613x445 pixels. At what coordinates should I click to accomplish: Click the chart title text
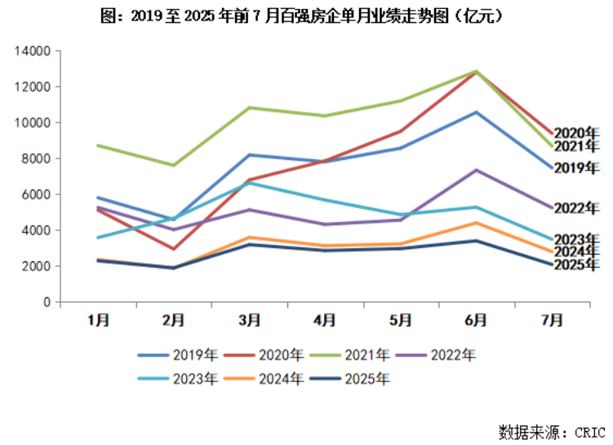pyautogui.click(x=305, y=16)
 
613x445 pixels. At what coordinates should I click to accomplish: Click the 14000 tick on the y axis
pyautogui.click(x=33, y=51)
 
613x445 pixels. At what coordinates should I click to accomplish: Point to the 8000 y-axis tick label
pyautogui.click(x=37, y=158)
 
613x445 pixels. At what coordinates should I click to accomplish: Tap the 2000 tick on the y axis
pyautogui.click(x=37, y=266)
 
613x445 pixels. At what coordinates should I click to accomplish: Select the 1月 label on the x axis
pyautogui.click(x=99, y=319)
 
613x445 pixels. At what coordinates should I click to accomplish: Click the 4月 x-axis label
pyautogui.click(x=325, y=319)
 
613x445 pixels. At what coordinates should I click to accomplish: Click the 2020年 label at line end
pyautogui.click(x=576, y=132)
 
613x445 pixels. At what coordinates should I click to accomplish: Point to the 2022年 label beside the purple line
pyautogui.click(x=576, y=208)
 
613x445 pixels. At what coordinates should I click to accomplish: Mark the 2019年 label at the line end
pyautogui.click(x=576, y=168)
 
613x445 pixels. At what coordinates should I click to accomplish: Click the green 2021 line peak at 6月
pyautogui.click(x=475, y=71)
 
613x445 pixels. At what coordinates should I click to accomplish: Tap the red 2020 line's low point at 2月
pyautogui.click(x=174, y=249)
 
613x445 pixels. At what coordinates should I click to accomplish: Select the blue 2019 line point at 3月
pyautogui.click(x=250, y=155)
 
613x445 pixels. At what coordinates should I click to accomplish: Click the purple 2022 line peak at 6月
pyautogui.click(x=475, y=170)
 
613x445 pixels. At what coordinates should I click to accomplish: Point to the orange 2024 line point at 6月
pyautogui.click(x=475, y=222)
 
